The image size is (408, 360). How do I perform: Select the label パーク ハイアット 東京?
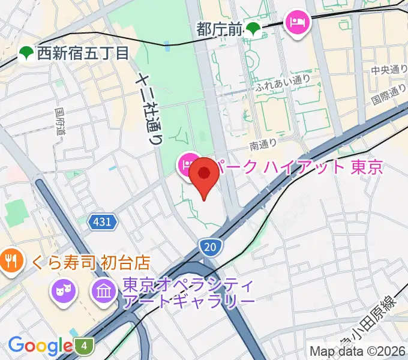click(298, 167)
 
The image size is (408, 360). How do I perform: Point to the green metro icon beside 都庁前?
click(254, 28)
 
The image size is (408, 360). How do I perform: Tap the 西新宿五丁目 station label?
click(83, 53)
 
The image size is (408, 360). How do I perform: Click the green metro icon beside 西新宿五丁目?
click(26, 53)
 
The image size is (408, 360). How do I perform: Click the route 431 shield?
click(102, 222)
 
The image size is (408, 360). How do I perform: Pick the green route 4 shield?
click(85, 346)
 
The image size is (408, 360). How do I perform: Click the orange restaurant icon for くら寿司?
click(11, 260)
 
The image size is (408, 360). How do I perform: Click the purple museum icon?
click(104, 292)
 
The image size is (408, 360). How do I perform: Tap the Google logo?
click(40, 346)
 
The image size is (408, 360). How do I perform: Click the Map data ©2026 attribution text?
click(358, 350)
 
